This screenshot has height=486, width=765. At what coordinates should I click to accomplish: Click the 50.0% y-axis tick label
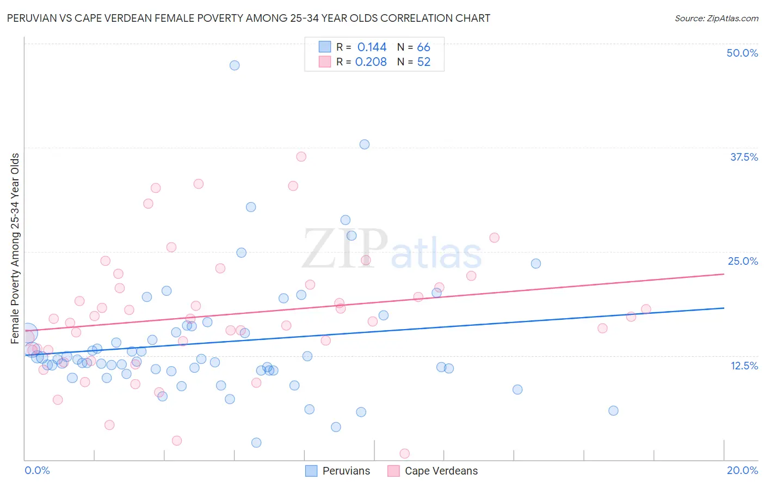click(742, 53)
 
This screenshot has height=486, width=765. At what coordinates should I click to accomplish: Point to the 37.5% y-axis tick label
click(744, 157)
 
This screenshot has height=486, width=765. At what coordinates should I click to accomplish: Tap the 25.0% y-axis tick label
click(743, 261)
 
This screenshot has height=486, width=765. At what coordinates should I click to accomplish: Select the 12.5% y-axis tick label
click(744, 366)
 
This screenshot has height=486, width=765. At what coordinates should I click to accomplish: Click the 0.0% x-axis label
click(37, 470)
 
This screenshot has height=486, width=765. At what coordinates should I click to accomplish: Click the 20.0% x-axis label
click(742, 470)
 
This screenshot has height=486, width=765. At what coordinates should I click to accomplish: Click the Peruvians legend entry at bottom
click(338, 471)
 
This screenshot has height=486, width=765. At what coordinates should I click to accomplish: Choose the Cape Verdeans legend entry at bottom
click(433, 471)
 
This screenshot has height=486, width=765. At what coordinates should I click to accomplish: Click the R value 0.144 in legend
click(372, 47)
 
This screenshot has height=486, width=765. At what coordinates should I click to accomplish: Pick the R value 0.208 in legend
click(371, 62)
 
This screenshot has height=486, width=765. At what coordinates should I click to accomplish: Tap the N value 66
click(423, 47)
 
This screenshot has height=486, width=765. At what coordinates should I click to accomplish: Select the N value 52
click(423, 62)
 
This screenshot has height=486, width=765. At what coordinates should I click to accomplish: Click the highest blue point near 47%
click(235, 65)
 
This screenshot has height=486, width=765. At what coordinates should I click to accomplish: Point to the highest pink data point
click(301, 157)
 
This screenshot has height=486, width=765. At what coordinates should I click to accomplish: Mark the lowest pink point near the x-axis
click(404, 453)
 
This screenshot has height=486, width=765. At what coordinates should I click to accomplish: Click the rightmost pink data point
click(646, 309)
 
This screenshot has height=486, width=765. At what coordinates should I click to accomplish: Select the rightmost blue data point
click(613, 411)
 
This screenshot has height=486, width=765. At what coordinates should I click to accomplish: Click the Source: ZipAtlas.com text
click(716, 19)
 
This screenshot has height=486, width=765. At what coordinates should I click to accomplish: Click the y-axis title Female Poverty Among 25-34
click(15, 248)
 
